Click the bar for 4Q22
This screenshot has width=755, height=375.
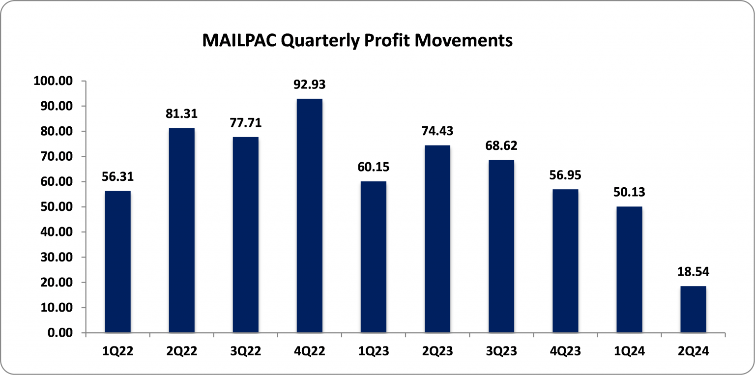(x=310, y=216)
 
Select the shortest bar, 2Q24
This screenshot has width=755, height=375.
(x=693, y=309)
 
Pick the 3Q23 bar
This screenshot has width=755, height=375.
(x=501, y=246)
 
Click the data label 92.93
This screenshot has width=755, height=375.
(x=310, y=85)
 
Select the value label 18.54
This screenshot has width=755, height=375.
(x=693, y=272)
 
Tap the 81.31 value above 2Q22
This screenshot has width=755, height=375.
(x=182, y=114)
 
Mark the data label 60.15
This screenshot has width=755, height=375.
(x=374, y=167)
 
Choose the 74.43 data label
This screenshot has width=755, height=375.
(x=437, y=131)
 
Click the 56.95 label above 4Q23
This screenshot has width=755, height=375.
(x=565, y=175)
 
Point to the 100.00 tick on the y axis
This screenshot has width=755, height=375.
(x=53, y=81)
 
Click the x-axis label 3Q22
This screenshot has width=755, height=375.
(x=246, y=351)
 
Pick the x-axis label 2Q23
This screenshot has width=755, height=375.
(x=437, y=351)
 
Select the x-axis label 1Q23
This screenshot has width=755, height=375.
(x=374, y=351)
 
